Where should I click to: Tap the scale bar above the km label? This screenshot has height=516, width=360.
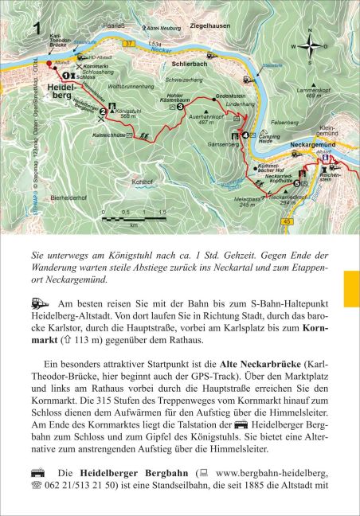click(135, 217)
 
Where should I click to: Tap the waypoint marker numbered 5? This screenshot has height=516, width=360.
click(297, 184)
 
